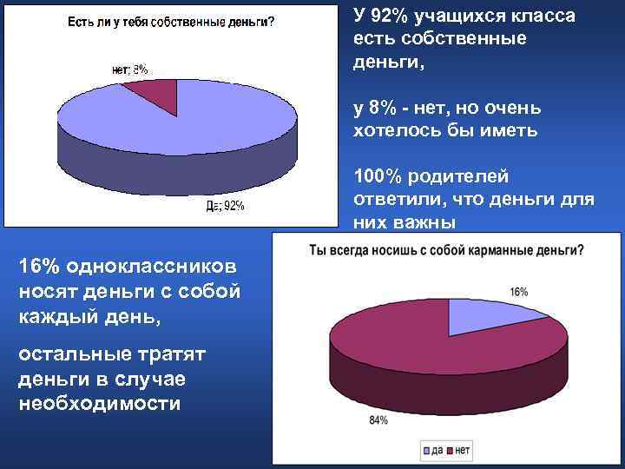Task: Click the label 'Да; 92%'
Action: pos(224,206)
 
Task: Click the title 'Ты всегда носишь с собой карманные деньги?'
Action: pos(446,251)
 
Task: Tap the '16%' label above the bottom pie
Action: pos(518,293)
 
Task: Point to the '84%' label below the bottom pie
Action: pos(378,420)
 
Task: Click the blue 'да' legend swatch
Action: pos(428,451)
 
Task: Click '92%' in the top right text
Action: pos(391,17)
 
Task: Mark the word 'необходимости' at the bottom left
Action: pos(100,403)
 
